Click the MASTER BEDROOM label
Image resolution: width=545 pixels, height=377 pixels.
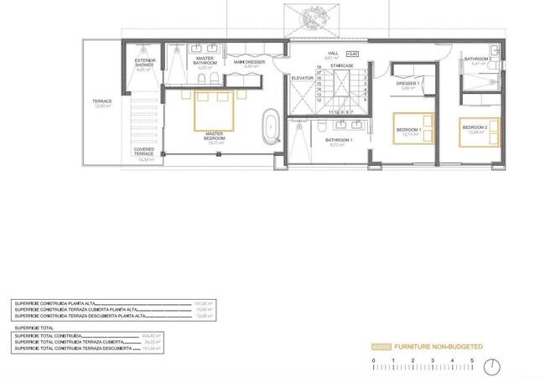tap(214, 136)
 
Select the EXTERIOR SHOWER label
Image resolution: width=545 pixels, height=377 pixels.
tap(144, 64)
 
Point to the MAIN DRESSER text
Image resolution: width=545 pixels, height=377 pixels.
tap(249, 64)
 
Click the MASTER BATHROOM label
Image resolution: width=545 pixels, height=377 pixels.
tap(205, 63)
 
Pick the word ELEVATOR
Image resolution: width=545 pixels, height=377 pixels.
tap(302, 77)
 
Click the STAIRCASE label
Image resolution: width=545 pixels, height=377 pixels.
tap(341, 65)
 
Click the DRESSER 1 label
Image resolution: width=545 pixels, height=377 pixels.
tap(408, 85)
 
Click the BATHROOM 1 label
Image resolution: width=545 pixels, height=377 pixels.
tap(339, 141)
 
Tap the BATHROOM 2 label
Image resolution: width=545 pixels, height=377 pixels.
tap(477, 60)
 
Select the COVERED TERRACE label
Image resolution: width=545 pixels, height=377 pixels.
tap(144, 153)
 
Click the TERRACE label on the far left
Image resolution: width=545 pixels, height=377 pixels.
tap(102, 102)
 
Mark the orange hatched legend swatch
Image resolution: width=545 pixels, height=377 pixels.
tap(381, 345)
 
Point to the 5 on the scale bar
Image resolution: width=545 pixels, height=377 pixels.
tap(471, 360)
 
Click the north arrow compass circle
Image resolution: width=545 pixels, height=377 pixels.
tap(496, 367)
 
